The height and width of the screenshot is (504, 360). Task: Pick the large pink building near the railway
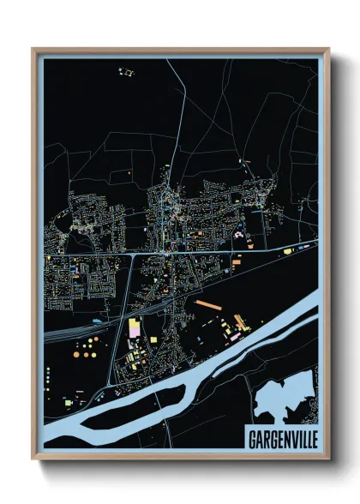135,327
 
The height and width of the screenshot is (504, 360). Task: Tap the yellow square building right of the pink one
153,340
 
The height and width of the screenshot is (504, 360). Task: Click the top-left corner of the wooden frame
33,49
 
